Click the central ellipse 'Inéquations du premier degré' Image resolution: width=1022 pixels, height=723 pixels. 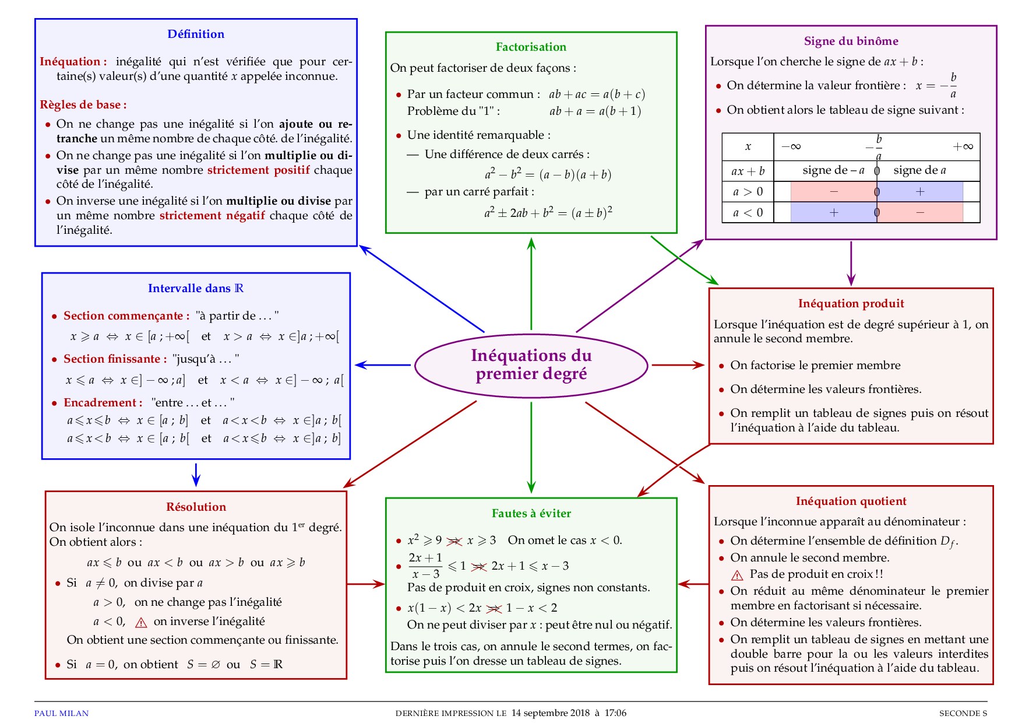(x=531, y=365)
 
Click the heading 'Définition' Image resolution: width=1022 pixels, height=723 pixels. (x=196, y=34)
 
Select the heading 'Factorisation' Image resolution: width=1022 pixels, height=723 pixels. (x=531, y=47)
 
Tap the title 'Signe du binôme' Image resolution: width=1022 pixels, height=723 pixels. (x=851, y=41)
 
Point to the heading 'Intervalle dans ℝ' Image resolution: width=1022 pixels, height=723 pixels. (x=196, y=289)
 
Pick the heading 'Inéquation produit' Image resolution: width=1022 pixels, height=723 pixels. (x=851, y=304)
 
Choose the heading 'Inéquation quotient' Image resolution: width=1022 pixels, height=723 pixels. (x=851, y=501)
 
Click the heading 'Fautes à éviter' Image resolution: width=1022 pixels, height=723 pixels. (x=531, y=514)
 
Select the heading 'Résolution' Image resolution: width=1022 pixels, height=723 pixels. (x=196, y=507)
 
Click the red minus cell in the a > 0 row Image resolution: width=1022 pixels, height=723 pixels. (x=834, y=192)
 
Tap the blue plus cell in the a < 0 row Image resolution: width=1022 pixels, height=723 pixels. (x=834, y=213)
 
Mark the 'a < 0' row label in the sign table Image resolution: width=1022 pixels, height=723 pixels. (x=748, y=213)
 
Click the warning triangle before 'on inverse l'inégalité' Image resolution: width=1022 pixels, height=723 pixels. (x=141, y=623)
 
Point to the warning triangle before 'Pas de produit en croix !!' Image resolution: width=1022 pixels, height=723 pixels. (x=737, y=575)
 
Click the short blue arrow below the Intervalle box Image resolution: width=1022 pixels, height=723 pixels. (x=196, y=475)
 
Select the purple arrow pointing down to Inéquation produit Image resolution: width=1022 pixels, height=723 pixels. (x=851, y=264)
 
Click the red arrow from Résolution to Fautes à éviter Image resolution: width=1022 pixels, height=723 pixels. (x=366, y=584)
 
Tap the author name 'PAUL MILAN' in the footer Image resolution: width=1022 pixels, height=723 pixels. (x=61, y=713)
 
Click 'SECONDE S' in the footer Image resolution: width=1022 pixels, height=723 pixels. (x=963, y=713)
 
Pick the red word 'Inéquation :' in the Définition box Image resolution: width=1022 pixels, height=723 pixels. (x=73, y=62)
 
